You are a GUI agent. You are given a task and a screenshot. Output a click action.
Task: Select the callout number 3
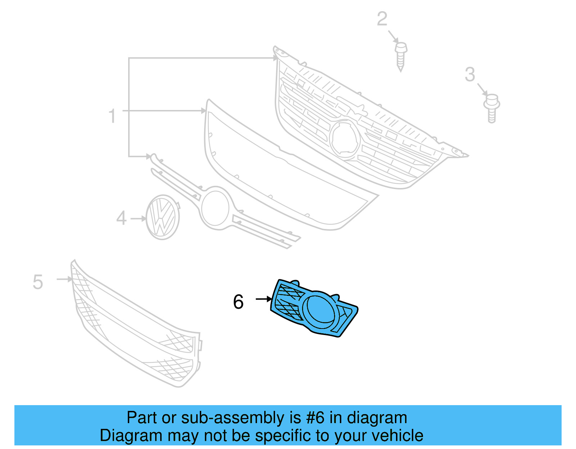pyautogui.click(x=470, y=74)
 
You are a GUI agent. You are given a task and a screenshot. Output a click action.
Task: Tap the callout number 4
pyautogui.click(x=121, y=218)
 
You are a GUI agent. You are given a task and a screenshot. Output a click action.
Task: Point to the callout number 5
pyautogui.click(x=38, y=282)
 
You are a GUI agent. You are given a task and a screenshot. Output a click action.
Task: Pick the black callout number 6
pyautogui.click(x=238, y=302)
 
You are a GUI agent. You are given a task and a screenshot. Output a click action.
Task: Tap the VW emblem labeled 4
pyautogui.click(x=163, y=217)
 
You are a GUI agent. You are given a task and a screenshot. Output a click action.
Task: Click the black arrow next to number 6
pyautogui.click(x=264, y=299)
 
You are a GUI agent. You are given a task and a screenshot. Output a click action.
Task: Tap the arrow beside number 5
pyautogui.click(x=65, y=279)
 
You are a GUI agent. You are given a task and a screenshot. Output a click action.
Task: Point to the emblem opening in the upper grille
pyautogui.click(x=345, y=139)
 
